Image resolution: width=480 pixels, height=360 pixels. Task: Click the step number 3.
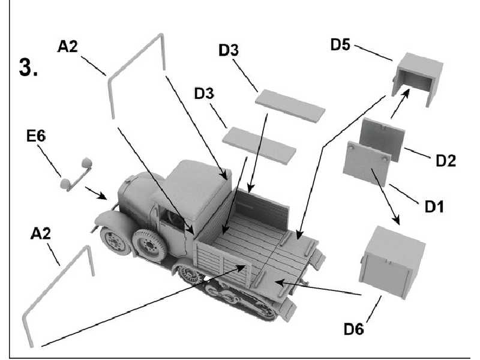(29, 68)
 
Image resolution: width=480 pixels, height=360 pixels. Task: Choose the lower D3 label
(205, 95)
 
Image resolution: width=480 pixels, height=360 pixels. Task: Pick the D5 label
(341, 46)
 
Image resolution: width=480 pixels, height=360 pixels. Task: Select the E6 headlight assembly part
(76, 175)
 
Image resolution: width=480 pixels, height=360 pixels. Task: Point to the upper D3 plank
(290, 106)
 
